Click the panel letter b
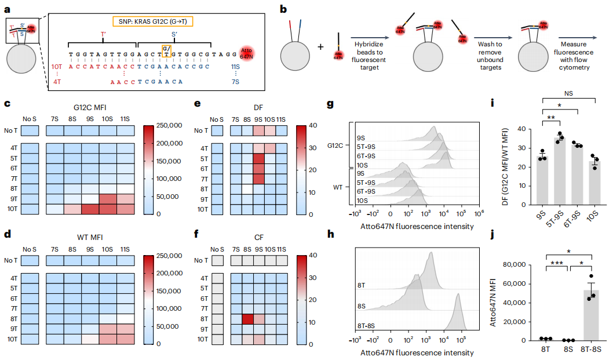[283, 9]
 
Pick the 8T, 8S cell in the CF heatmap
[247, 318]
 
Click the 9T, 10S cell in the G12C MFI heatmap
[108, 199]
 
